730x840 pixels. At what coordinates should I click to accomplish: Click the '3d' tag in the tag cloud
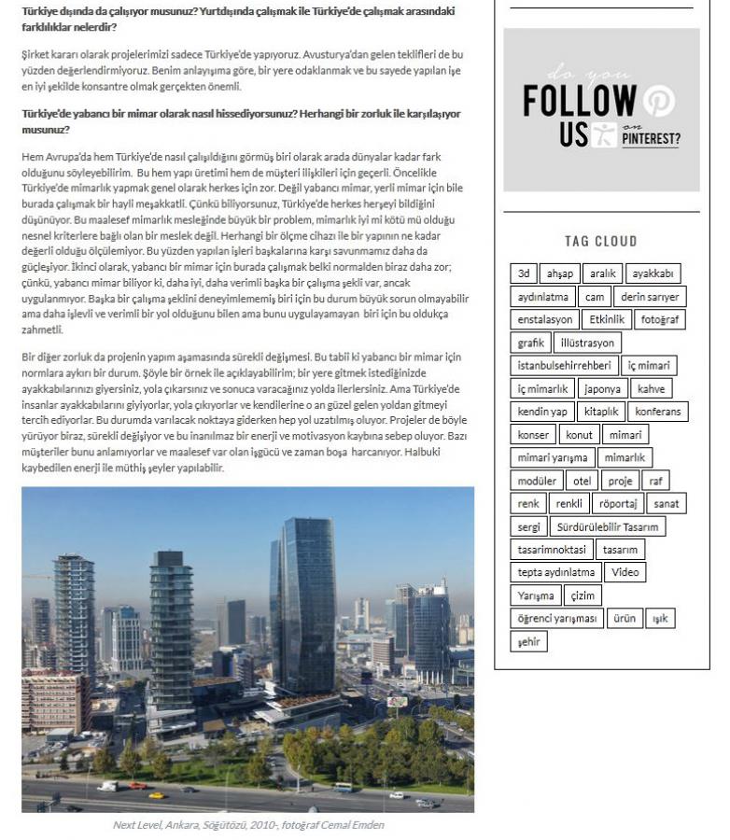[524, 273]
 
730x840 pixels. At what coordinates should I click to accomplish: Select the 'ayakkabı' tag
[653, 273]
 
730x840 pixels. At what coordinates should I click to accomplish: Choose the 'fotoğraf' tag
[660, 319]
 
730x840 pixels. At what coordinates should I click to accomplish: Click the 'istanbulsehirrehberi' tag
[564, 366]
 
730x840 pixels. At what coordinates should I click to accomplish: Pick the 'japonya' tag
[601, 388]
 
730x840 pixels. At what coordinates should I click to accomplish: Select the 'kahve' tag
[652, 388]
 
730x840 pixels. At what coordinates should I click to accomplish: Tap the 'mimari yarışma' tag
[553, 457]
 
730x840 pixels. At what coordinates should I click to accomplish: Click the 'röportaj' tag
[618, 503]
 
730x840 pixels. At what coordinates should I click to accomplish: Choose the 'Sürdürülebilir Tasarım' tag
[608, 526]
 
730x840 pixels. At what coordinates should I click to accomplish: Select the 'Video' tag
[625, 572]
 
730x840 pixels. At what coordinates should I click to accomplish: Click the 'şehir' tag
[528, 641]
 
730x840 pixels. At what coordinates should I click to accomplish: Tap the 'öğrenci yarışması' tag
[556, 618]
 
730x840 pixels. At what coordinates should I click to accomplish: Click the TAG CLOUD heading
[601, 241]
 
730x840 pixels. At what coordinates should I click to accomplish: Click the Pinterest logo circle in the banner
[658, 101]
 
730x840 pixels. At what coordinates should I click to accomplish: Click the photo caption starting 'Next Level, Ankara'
[247, 825]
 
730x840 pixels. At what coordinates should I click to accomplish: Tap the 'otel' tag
[582, 481]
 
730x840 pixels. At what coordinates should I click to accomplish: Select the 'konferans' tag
[658, 412]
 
